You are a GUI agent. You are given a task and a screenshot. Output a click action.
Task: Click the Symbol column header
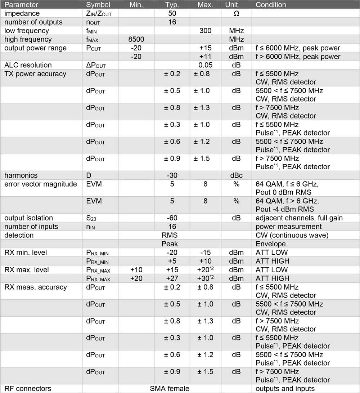[98, 5]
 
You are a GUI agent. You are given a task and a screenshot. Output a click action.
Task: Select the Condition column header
[271, 5]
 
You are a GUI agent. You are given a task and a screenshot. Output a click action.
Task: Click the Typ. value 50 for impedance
[172, 13]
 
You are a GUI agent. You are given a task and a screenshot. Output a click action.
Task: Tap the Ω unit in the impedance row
[236, 13]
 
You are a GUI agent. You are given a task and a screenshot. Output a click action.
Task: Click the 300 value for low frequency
[205, 31]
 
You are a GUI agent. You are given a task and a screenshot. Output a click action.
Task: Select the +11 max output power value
[205, 57]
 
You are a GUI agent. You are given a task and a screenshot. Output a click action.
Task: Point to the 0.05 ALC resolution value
[205, 65]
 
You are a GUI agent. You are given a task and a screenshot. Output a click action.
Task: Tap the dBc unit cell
[236, 175]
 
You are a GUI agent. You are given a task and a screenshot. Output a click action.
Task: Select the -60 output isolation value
[172, 218]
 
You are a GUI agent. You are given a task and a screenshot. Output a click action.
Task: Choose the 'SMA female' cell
[170, 389]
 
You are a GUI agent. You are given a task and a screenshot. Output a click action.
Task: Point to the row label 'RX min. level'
[26, 253]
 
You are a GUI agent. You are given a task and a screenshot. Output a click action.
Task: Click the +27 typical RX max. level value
[172, 278]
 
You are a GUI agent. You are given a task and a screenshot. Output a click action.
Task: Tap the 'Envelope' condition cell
[270, 244]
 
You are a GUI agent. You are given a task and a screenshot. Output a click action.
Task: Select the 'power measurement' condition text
[283, 227]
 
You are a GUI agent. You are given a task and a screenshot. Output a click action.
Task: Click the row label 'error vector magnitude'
[41, 184]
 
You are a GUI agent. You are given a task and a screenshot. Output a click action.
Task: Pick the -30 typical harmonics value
[172, 175]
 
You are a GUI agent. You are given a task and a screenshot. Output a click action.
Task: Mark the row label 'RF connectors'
[28, 389]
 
